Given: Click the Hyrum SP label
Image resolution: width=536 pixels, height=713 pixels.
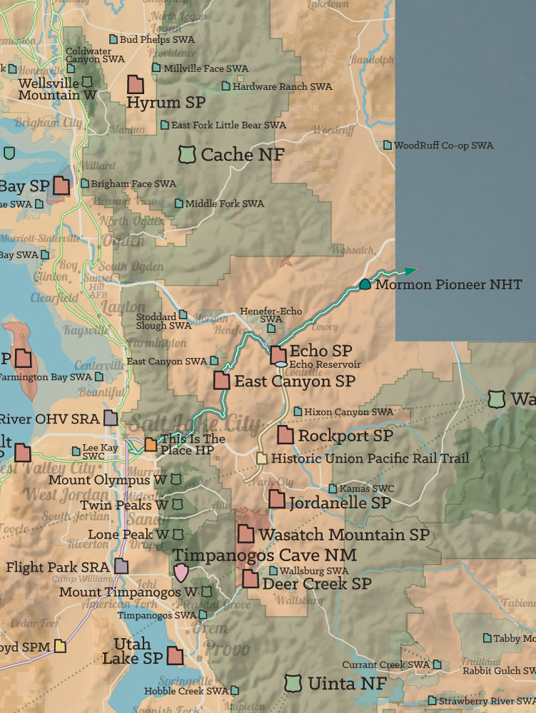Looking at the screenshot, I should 165,103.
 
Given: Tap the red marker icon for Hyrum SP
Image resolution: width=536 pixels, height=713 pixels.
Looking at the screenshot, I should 135,84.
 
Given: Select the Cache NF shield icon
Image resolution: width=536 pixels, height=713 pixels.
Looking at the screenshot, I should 187,153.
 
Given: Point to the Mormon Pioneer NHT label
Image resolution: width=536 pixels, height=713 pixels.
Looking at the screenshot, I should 448,284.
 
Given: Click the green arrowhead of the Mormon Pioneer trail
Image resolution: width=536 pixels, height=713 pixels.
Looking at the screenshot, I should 411,270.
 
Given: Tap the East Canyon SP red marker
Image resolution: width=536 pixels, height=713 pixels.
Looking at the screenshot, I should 222,381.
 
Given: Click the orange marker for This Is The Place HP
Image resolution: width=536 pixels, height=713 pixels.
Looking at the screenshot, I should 151,444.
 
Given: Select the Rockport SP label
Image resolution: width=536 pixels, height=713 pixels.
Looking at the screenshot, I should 345,435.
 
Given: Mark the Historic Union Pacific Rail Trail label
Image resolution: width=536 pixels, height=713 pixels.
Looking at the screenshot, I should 370,458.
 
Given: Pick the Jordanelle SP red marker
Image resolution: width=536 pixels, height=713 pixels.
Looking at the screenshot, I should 277,500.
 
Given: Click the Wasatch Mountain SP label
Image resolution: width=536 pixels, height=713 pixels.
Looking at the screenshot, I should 344,534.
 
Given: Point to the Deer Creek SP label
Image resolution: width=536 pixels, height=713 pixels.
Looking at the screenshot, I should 316,583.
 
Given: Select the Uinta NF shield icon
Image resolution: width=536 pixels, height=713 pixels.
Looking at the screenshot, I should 292,682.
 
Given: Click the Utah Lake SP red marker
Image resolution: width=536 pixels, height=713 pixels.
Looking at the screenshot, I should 175,656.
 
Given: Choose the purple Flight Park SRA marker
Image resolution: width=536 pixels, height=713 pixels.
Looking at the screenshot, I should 121,567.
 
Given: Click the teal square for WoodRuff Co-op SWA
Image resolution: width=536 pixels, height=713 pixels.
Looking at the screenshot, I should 388,145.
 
